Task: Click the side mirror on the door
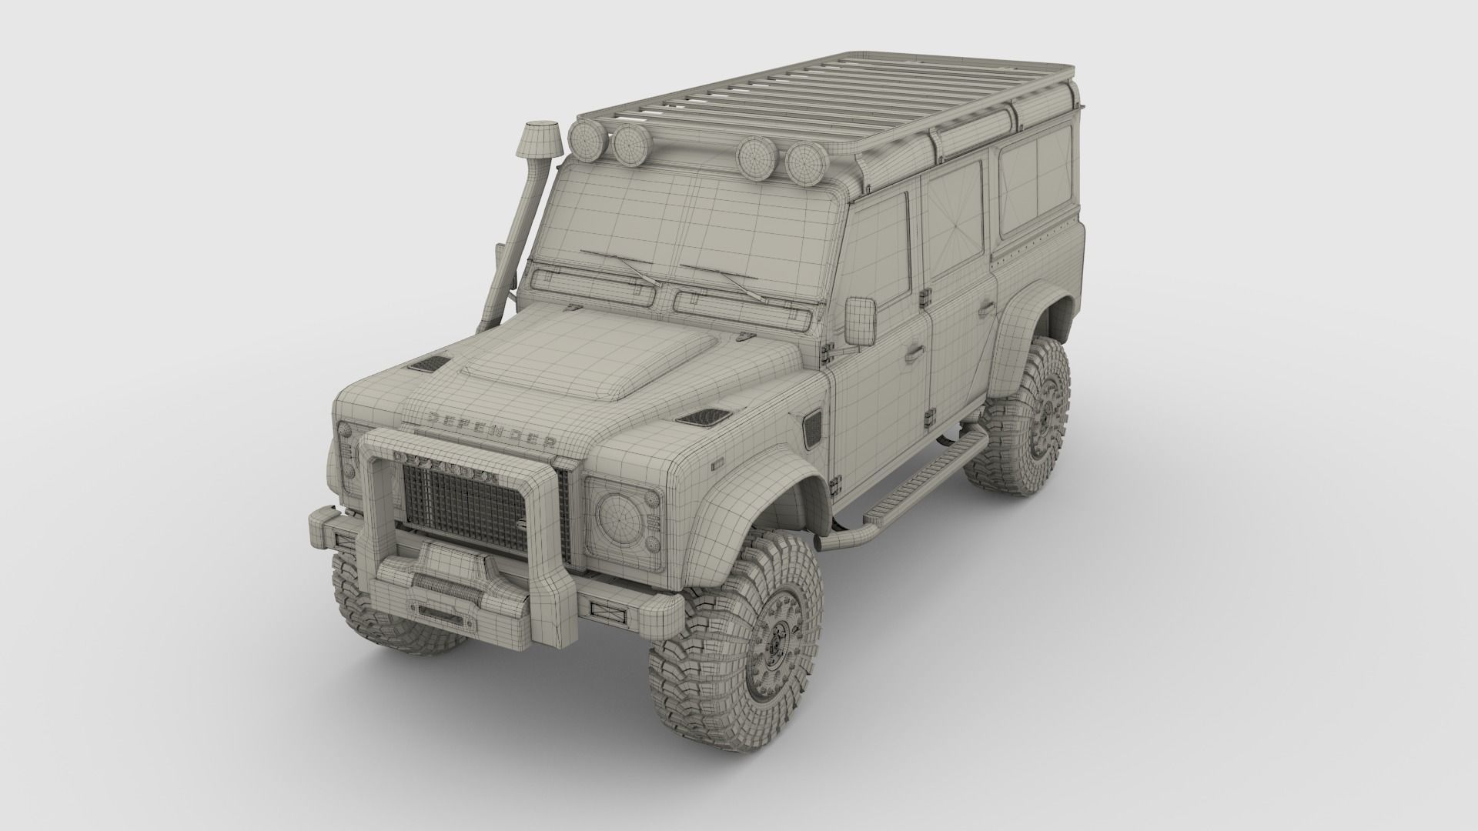click(861, 320)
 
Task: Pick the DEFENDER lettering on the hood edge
click(493, 431)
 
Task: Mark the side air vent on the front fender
click(814, 431)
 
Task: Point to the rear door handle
click(985, 310)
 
